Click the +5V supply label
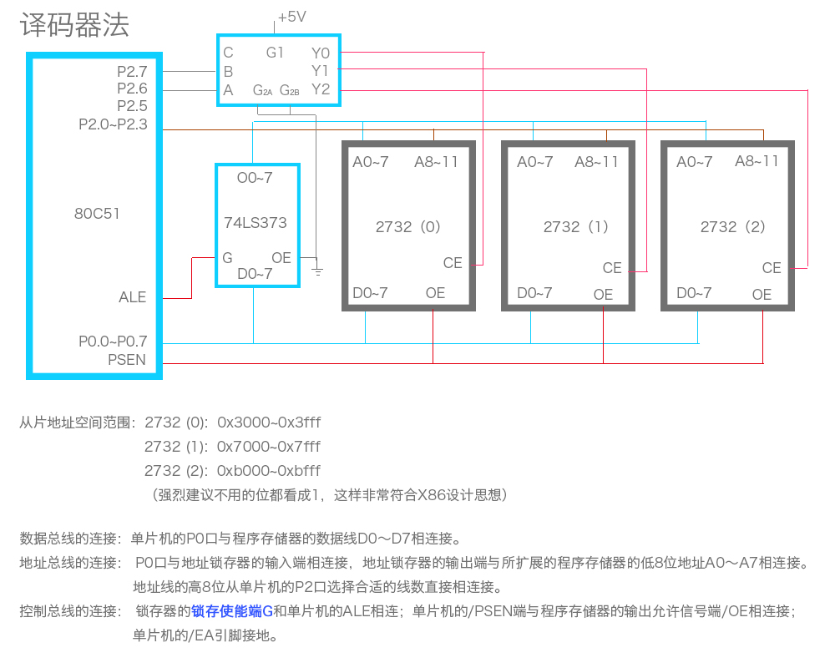coord(291,17)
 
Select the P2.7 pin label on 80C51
coord(132,71)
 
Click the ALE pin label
coord(132,297)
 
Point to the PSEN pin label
coord(127,360)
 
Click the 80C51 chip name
coord(97,214)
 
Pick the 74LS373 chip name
coord(256,223)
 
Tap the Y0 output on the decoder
coord(321,53)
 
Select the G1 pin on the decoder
coord(275,53)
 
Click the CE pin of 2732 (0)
coord(453,263)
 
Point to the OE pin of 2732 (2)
coord(762,295)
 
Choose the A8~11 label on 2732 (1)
coord(596,162)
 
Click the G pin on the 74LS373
coord(227,258)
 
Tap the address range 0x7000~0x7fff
coord(268,447)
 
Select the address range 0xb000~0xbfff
coord(268,471)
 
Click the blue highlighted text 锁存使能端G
coord(232,611)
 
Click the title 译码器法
coord(74,25)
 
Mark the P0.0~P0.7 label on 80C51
coord(113,342)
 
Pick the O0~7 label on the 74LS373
coord(255,178)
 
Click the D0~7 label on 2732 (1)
coord(534,293)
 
